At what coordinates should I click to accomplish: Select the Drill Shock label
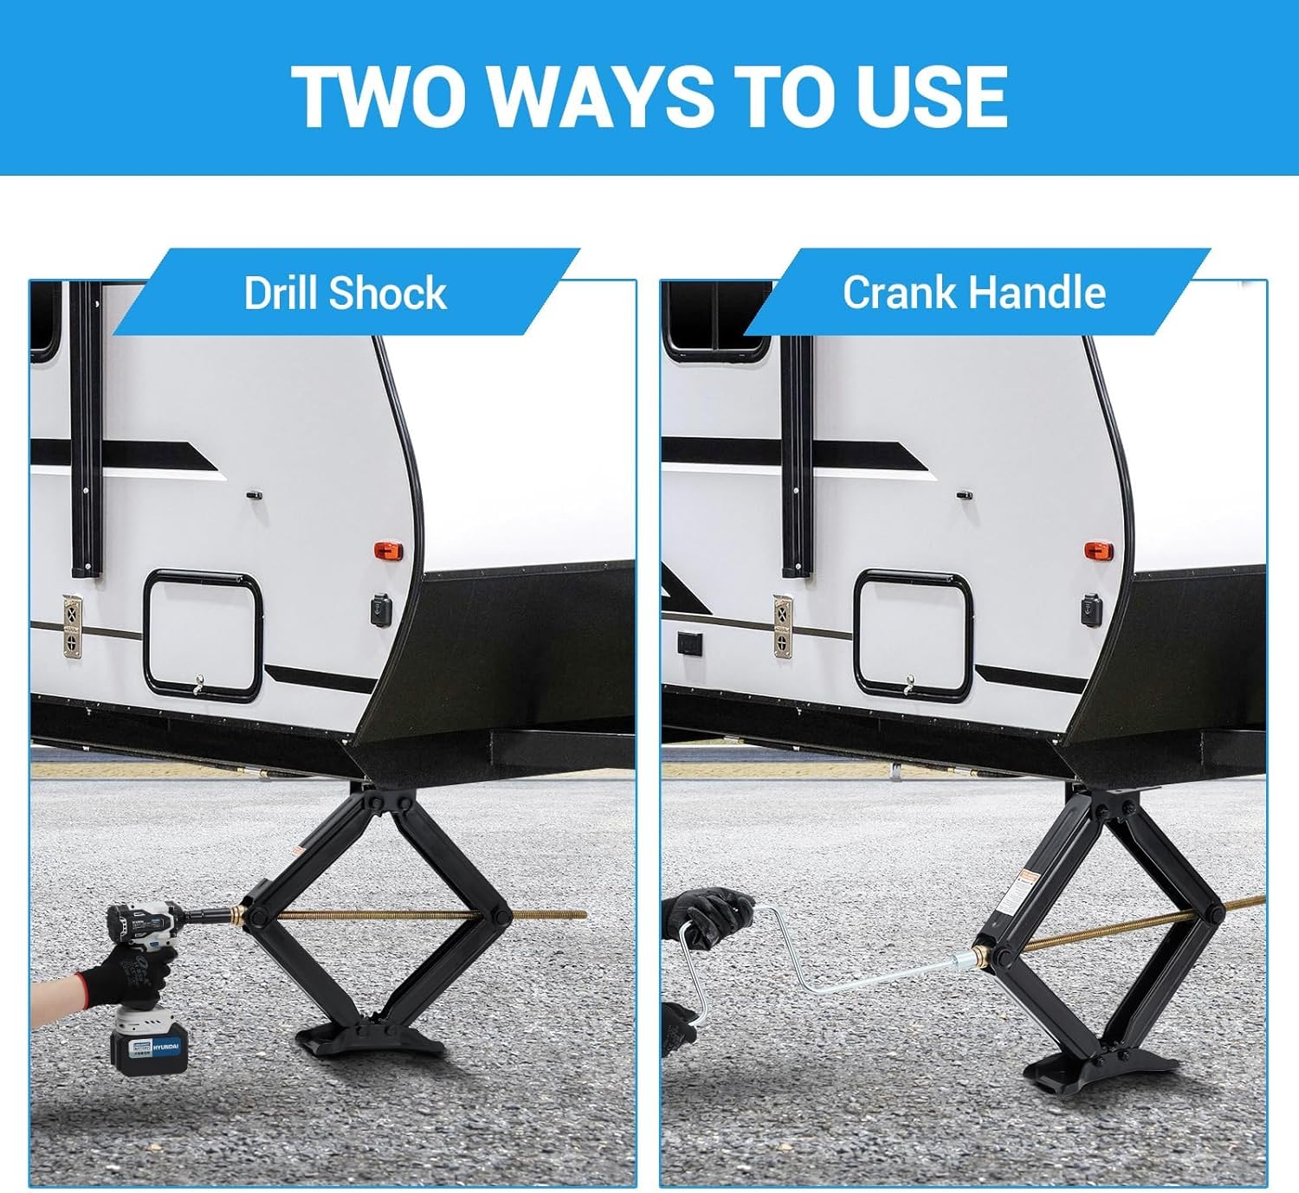345,293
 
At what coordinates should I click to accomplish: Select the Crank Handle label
973,293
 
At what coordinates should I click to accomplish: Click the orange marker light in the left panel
384,551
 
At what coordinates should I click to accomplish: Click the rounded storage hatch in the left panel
203,635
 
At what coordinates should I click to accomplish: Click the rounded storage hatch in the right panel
913,635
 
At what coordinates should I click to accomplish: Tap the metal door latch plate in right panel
783,627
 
